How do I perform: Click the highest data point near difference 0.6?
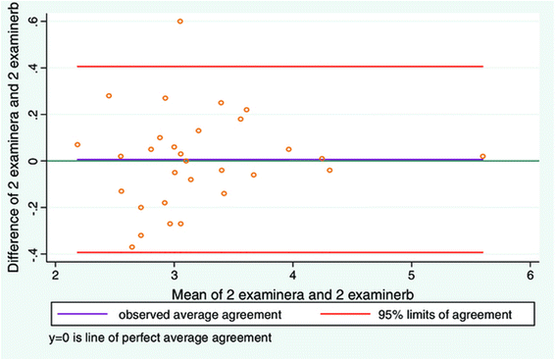(179, 22)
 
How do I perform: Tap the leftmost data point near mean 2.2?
(77, 144)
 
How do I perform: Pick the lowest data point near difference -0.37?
(132, 247)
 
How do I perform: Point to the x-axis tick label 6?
(530, 276)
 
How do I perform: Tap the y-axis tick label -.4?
(36, 253)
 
